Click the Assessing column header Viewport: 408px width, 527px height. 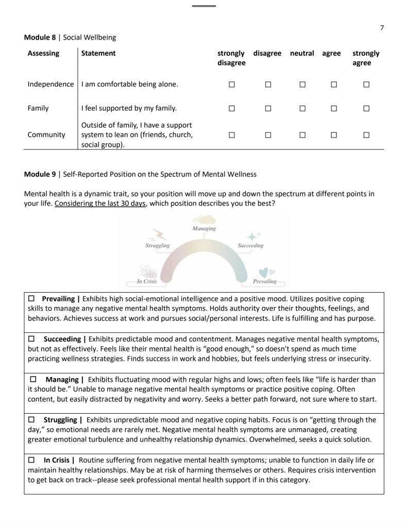coord(43,53)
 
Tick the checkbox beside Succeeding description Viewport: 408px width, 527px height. coord(31,337)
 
